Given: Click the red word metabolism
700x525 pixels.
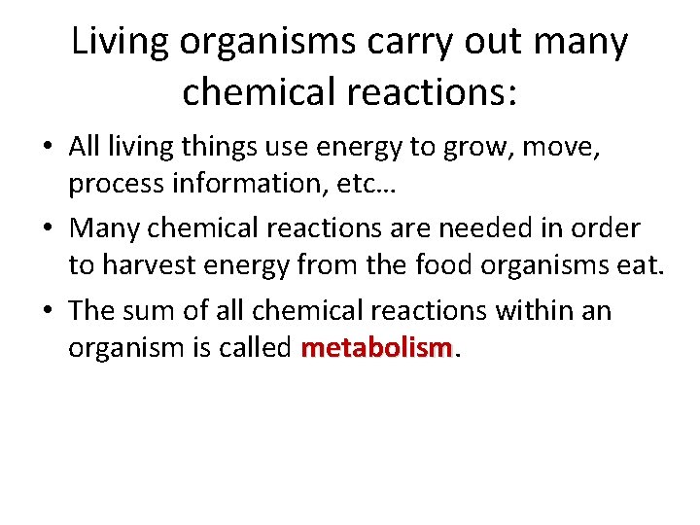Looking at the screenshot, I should click(x=377, y=348).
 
